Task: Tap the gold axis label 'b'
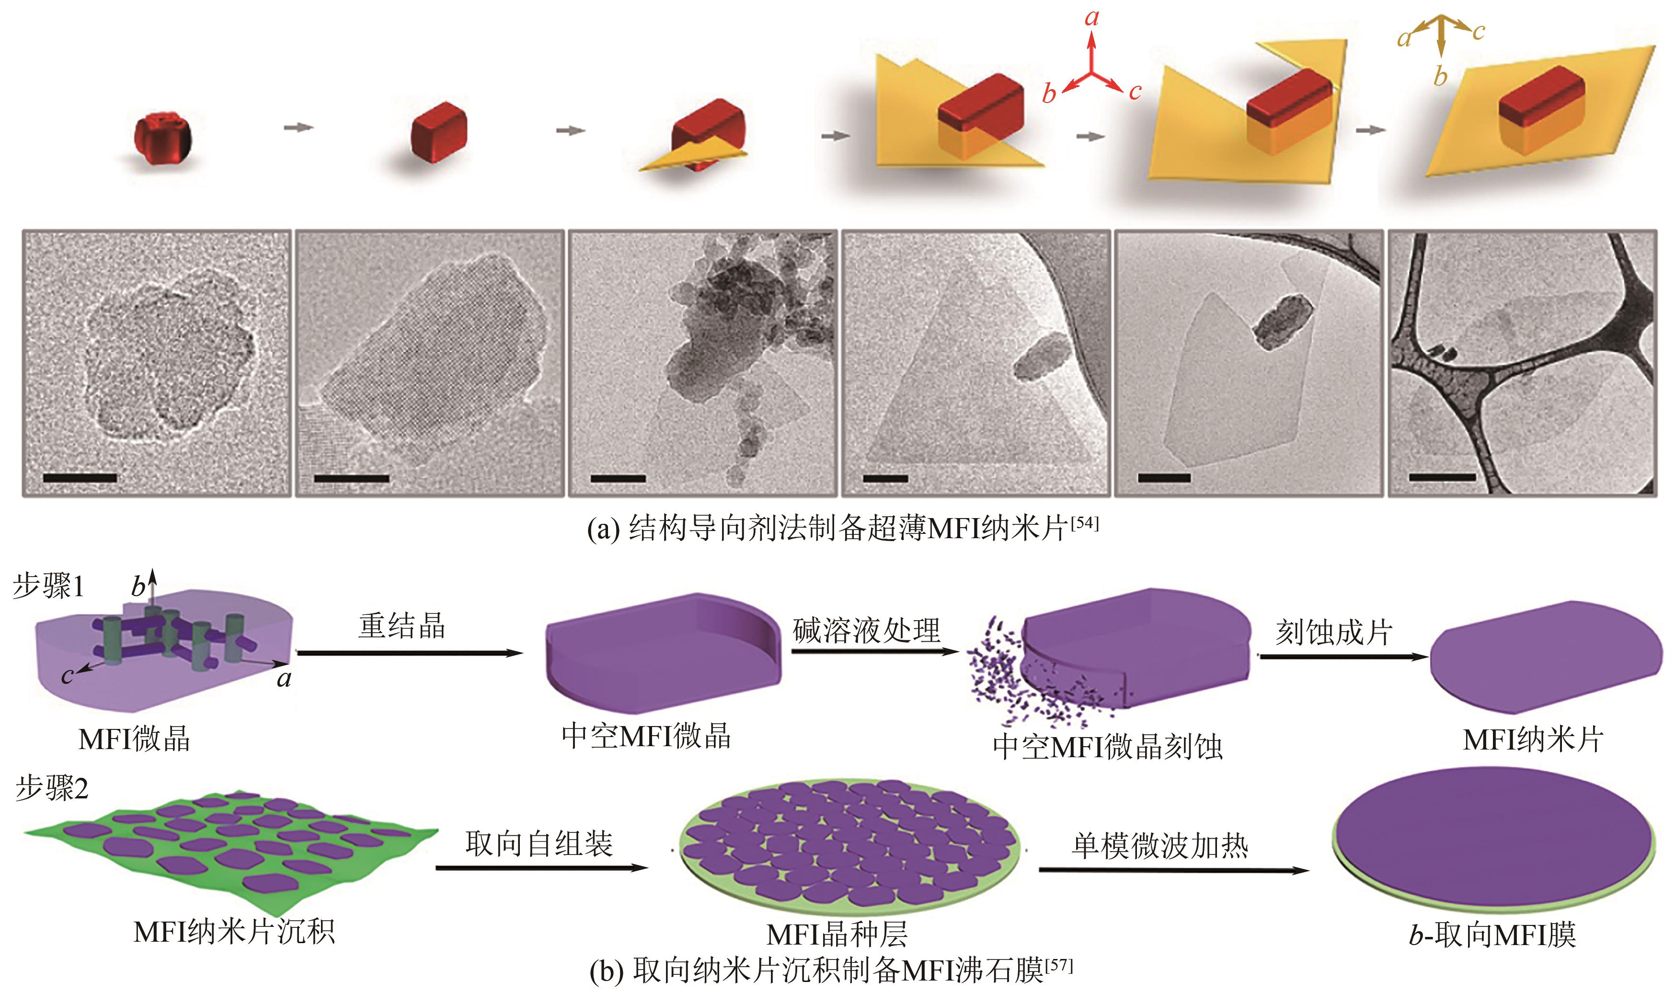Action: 1440,77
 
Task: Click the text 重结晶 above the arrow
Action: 402,625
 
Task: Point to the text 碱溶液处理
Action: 867,630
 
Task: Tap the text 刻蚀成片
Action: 1333,632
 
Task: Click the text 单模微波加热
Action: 1160,846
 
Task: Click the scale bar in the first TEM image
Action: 80,478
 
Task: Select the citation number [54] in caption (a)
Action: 1084,523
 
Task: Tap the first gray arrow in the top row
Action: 298,127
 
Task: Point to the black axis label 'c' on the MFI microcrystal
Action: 67,676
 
